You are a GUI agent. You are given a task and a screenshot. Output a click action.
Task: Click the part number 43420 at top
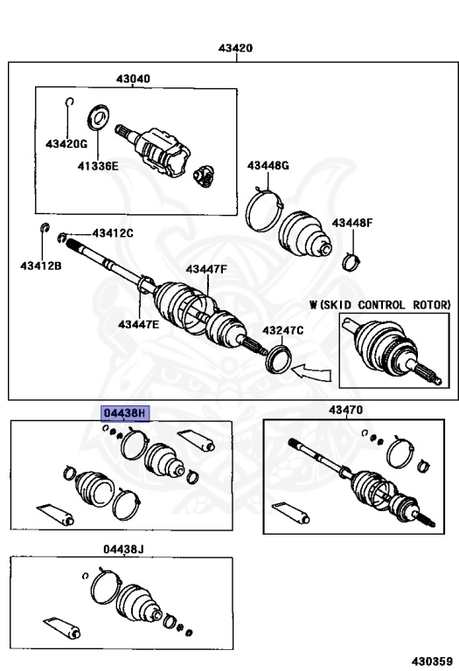tap(235, 48)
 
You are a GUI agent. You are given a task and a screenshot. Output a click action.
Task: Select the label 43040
tap(133, 79)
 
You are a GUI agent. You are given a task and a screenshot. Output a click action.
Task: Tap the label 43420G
tap(66, 144)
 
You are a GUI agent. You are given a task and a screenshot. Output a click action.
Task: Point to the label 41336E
tap(98, 166)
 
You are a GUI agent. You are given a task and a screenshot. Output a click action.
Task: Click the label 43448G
tap(268, 165)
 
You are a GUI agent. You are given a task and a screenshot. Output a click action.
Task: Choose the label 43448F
tap(352, 223)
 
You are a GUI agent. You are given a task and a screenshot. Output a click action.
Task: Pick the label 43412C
tap(113, 232)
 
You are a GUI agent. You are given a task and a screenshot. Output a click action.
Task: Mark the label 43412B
tap(41, 266)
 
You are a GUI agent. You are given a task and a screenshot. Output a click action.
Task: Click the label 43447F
tap(206, 269)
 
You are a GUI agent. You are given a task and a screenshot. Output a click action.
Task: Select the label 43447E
tap(139, 324)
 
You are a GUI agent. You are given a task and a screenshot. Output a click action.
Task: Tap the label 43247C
tap(283, 330)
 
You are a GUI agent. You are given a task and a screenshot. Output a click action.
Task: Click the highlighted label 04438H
tap(125, 413)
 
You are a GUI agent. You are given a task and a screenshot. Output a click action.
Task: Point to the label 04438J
tap(123, 549)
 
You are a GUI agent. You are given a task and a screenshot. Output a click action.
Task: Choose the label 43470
tap(345, 410)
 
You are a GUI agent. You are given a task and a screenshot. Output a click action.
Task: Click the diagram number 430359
tap(432, 661)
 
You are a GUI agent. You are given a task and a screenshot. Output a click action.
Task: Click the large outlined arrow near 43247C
tap(312, 371)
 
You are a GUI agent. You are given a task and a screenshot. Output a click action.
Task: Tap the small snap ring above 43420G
tap(70, 102)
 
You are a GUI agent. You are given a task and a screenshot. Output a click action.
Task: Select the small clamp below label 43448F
tap(351, 262)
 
